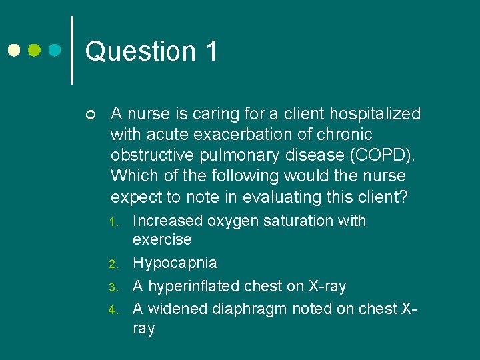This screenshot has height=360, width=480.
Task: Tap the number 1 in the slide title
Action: (x=211, y=51)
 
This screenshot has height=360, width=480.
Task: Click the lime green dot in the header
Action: (x=35, y=51)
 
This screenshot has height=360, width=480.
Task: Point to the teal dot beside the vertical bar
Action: (x=56, y=51)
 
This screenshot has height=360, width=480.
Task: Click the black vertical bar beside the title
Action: (x=72, y=50)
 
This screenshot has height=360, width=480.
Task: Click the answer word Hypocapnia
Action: (x=175, y=263)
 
